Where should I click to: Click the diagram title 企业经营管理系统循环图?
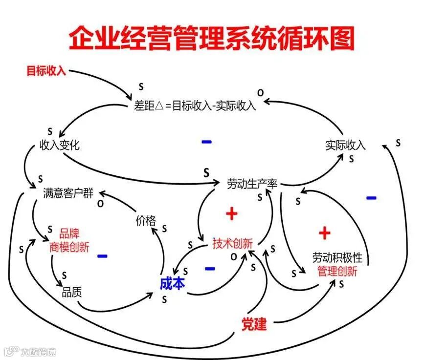click(211, 39)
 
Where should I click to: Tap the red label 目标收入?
click(46, 71)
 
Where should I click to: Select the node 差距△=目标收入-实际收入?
click(195, 105)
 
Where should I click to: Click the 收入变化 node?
click(59, 145)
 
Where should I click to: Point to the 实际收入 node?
click(345, 145)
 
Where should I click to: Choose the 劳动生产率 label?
click(252, 184)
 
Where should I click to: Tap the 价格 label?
click(145, 220)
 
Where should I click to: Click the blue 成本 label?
click(172, 283)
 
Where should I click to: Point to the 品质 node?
click(71, 293)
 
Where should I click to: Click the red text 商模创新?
click(69, 247)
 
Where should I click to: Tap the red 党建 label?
click(254, 323)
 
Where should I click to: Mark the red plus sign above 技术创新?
click(232, 213)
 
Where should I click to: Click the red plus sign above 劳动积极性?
click(325, 233)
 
